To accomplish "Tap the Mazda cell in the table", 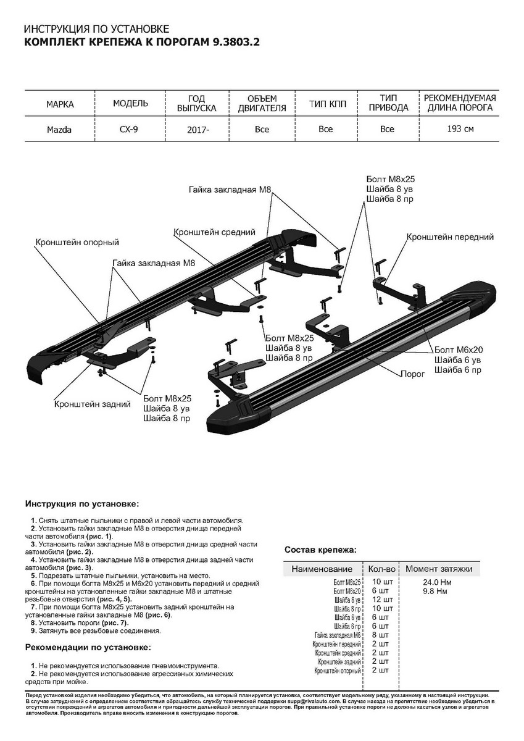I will [x=59, y=130].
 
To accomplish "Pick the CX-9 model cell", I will [x=128, y=130].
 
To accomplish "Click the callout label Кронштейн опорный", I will [x=77, y=243].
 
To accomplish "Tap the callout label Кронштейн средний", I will [x=215, y=232].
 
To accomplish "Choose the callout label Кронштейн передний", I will [x=450, y=237].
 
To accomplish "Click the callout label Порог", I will [x=412, y=374].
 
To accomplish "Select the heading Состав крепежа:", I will [x=320, y=549].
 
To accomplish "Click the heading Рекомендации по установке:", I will [x=87, y=647].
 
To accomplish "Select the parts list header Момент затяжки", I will [x=439, y=569].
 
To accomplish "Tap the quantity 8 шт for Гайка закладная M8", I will [x=381, y=635].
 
